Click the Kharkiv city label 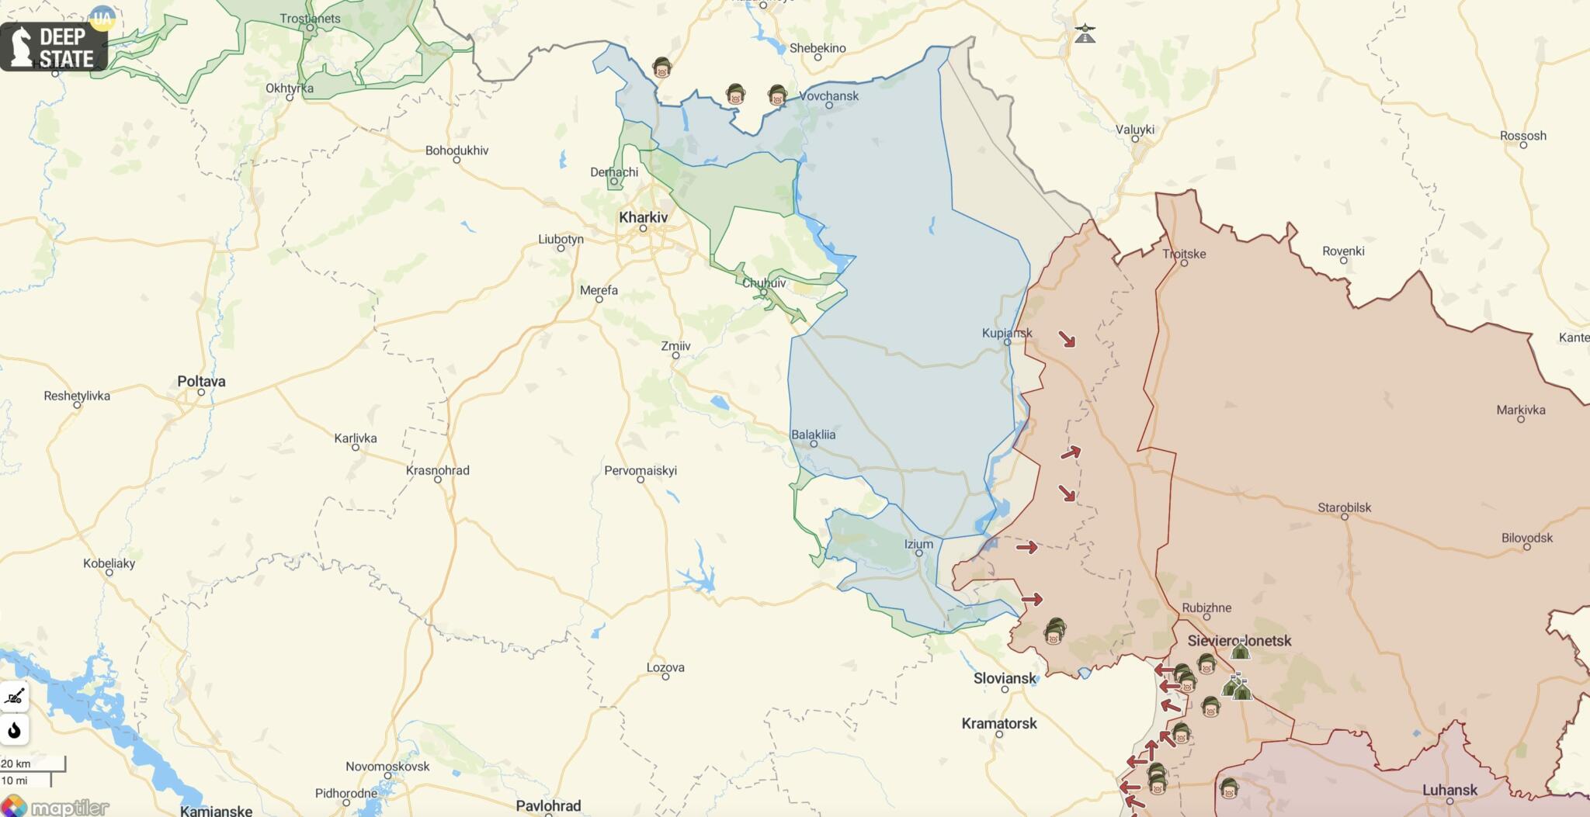(643, 217)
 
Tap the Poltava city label (201, 381)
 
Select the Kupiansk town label (1006, 333)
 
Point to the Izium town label (918, 544)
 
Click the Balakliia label (813, 434)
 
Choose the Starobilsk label (1344, 507)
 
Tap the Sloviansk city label (1005, 678)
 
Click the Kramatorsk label (998, 723)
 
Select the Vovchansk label (828, 96)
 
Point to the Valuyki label (1134, 130)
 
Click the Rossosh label (1522, 136)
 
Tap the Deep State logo (53, 47)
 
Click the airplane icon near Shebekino (1085, 33)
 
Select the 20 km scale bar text (16, 763)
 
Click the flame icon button (14, 730)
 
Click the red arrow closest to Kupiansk (1068, 339)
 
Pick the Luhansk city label (1449, 790)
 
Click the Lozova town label (665, 667)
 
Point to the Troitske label (1183, 254)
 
